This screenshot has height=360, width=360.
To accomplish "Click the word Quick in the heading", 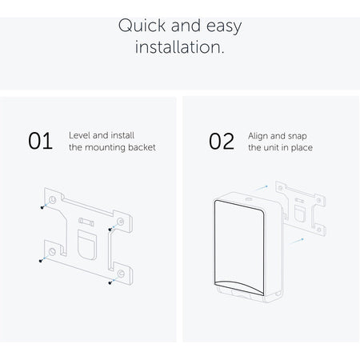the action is coord(142,26).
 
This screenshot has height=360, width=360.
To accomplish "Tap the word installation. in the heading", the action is coord(179,47).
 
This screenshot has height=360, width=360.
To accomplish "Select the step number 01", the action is coord(40,141).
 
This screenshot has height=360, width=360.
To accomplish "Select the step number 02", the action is coord(222,141).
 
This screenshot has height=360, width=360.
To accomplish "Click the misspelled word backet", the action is coord(142,147).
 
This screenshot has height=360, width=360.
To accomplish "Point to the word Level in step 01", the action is coord(79,135).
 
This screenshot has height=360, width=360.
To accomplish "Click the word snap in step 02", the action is coord(298,136).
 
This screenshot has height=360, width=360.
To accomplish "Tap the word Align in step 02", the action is coord(258,136).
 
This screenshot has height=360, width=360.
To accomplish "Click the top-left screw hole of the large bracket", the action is coord(53,199).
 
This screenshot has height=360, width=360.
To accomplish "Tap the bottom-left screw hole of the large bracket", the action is coord(52,251).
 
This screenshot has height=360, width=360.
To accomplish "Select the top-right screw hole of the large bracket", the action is coord(121,222).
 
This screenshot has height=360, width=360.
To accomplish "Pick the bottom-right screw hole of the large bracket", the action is coord(121,274).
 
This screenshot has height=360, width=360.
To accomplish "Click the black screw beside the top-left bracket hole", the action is coord(42,207).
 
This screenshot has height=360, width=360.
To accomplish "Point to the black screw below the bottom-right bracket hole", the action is coord(110,282).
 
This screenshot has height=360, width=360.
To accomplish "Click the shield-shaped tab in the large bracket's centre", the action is coord(87,245).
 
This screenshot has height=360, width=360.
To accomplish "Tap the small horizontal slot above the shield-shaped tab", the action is coord(86,222).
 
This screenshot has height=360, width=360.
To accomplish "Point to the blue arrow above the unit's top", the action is coord(260,188).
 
